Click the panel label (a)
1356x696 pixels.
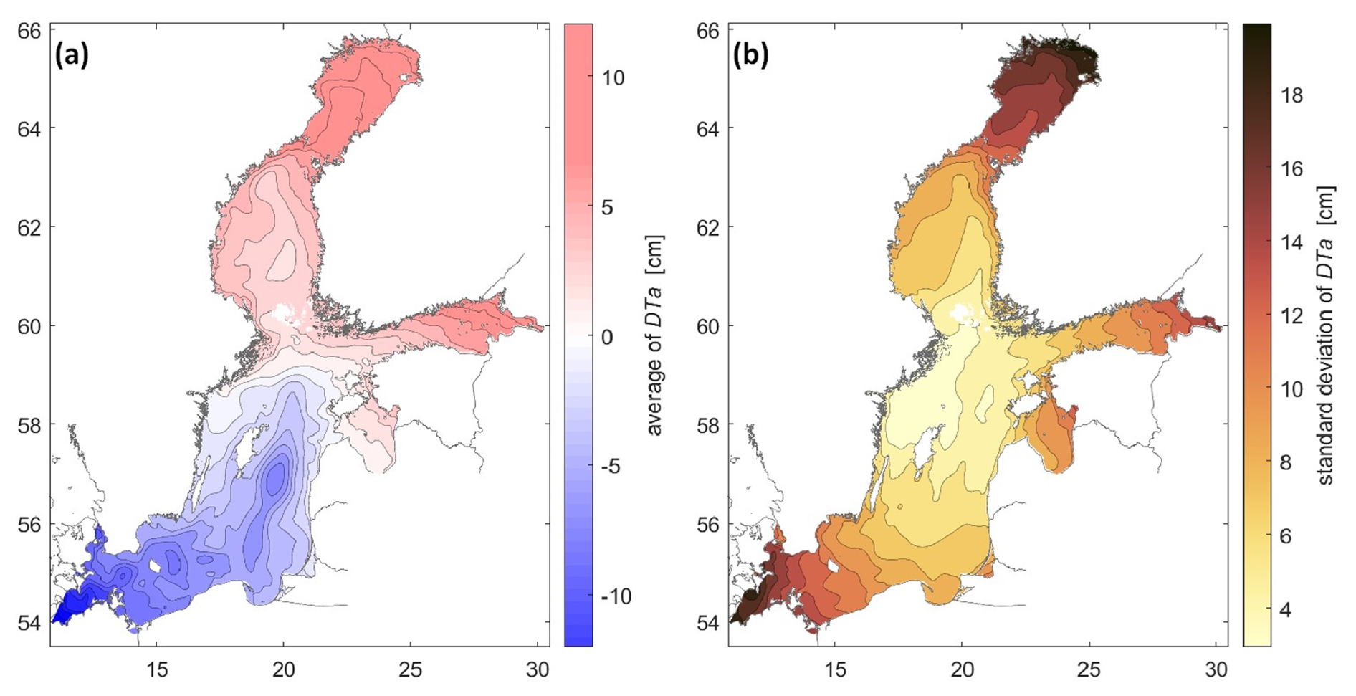pos(72,55)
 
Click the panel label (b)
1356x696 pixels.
pos(750,55)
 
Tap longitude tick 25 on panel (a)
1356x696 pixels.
pos(410,669)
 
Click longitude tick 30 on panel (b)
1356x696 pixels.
pos(1216,669)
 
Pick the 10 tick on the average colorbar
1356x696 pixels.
pos(613,78)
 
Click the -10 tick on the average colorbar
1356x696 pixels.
pos(616,596)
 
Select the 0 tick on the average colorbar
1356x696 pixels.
pos(607,337)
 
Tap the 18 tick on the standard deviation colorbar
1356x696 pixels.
pos(1292,95)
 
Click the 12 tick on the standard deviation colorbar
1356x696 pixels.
pos(1292,316)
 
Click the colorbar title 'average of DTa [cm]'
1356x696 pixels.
pos(654,335)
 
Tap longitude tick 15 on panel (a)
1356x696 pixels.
pos(157,669)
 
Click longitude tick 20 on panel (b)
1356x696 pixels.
pos(963,669)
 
